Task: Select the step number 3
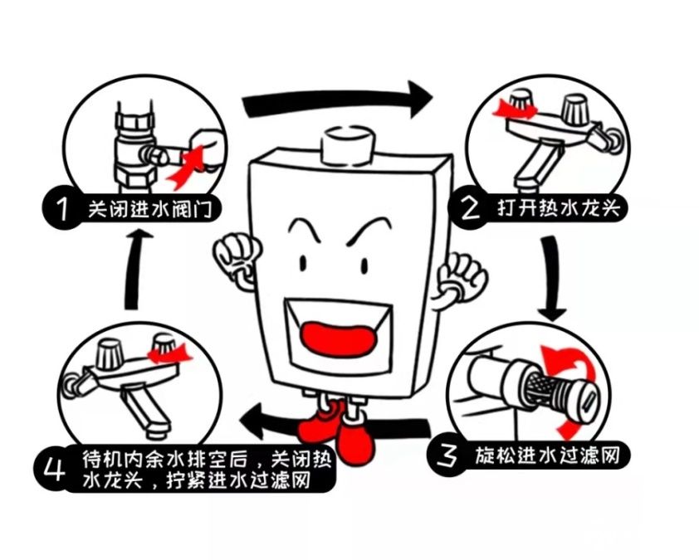coord(449,455)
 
